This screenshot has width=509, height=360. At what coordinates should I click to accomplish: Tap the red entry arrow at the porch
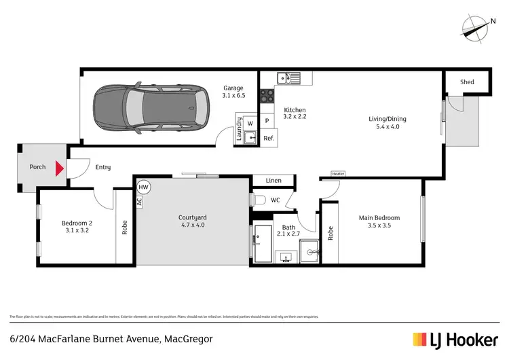coord(60,167)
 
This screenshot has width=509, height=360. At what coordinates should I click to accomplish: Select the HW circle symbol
coord(143,187)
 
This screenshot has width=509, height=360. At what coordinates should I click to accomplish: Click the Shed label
coord(467,82)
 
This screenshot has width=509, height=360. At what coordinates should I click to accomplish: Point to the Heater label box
coord(338,174)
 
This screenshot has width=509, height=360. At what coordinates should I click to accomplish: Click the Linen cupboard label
coord(274,181)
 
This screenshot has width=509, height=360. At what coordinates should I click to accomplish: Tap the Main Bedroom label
coord(379,218)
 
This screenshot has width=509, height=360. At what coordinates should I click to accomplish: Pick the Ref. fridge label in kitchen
coord(268,138)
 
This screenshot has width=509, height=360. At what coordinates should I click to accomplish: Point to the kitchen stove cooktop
coord(267,96)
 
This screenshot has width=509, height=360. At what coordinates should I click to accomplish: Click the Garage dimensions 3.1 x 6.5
coord(235,96)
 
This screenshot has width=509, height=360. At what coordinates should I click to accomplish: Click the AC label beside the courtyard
coord(139,202)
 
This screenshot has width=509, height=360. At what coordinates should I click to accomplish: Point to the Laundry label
coord(239,129)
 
